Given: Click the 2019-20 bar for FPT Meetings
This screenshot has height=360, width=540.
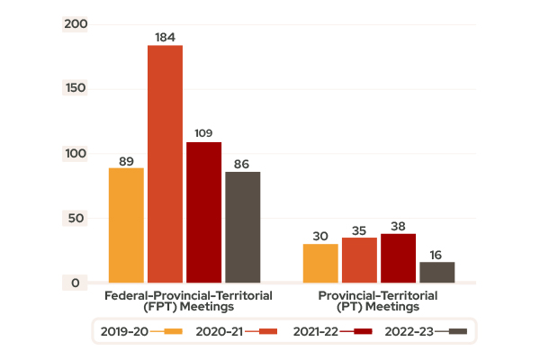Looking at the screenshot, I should tap(126, 225).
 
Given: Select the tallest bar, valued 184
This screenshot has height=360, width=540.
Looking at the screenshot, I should tap(165, 164).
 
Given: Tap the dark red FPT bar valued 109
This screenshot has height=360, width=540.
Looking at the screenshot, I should tap(203, 212).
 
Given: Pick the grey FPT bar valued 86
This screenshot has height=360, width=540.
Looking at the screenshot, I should tap(242, 227).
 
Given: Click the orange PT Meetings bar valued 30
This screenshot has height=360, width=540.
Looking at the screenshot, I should tap(320, 263).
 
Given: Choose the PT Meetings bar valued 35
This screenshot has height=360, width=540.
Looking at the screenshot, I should tap(359, 260).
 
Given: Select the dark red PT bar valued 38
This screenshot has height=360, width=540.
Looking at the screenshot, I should tap(398, 258).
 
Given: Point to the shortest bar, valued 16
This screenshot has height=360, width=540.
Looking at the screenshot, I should tap(436, 272).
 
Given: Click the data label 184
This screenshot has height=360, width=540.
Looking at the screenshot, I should tap(165, 37).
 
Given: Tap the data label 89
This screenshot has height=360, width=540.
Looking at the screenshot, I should tap(126, 160).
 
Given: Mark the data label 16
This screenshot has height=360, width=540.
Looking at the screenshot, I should tap(436, 254).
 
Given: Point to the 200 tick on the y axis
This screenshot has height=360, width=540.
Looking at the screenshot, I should tap(76, 23).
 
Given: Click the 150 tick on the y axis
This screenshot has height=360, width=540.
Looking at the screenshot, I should tap(76, 88).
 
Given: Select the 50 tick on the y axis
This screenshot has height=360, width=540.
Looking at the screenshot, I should tap(76, 219).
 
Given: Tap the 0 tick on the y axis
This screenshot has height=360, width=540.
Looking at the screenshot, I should tap(76, 283).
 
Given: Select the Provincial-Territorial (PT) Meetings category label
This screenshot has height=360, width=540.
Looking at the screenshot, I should tap(377, 301).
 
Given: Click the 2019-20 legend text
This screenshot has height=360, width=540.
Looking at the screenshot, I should tap(124, 331).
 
